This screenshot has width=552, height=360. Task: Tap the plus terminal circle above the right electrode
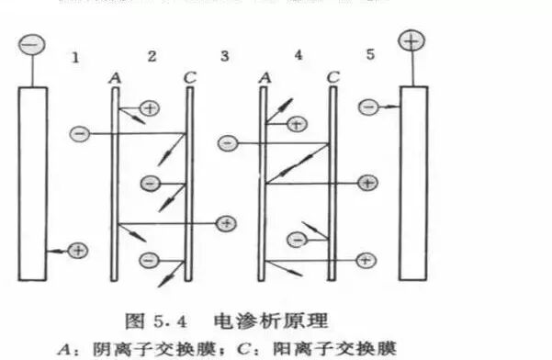coord(410,41)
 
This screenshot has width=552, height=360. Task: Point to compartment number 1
coord(76,57)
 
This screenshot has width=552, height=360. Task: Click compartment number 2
coord(152,56)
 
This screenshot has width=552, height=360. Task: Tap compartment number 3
coord(225,56)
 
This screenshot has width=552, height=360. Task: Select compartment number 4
coord(298,55)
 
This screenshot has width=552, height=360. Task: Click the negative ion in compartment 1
coord(79,134)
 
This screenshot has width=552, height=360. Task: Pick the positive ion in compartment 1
coord(78,250)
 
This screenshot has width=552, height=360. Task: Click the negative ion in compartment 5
coord(368,107)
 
